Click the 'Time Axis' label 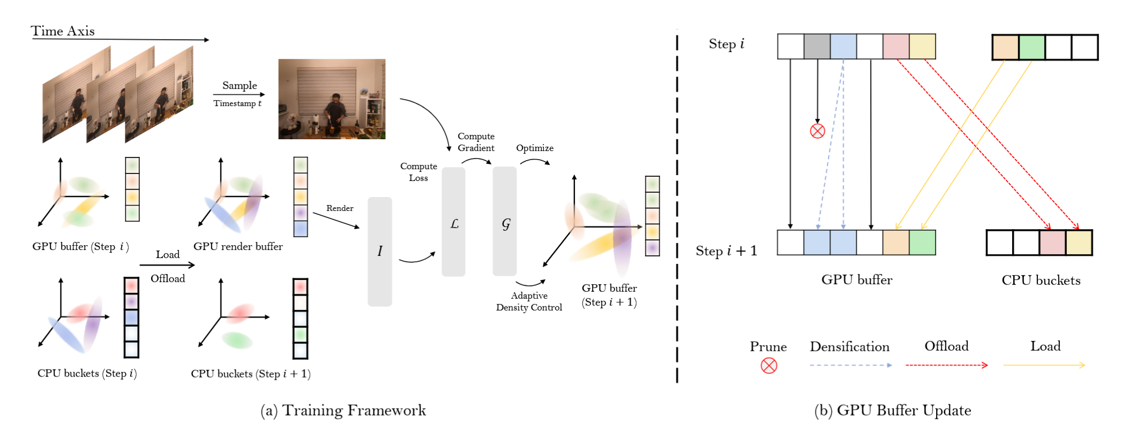click(x=63, y=31)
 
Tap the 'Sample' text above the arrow click(x=240, y=85)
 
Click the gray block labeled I click(x=380, y=251)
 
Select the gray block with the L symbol click(x=453, y=222)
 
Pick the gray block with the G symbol click(x=505, y=222)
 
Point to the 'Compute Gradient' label click(x=476, y=142)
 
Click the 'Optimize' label click(x=535, y=148)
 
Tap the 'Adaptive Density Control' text click(x=529, y=301)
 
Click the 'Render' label click(x=340, y=208)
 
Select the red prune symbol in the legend click(x=769, y=366)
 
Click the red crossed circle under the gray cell click(x=817, y=131)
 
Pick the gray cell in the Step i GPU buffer click(x=817, y=47)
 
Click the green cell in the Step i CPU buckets click(x=1031, y=47)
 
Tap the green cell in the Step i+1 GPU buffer click(x=922, y=243)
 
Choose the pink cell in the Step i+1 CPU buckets click(x=1052, y=243)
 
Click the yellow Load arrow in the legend click(x=1044, y=365)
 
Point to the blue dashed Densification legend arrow click(x=850, y=365)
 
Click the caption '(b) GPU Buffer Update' click(x=893, y=410)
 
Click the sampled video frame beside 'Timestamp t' click(x=332, y=99)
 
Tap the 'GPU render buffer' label click(x=238, y=246)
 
